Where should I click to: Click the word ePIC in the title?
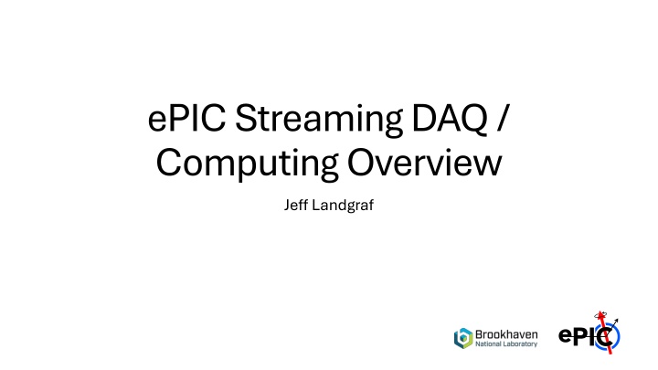point(186,118)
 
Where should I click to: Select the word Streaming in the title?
point(319,121)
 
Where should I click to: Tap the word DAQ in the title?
point(450,119)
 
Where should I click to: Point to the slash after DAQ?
point(503,119)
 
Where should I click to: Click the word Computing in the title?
point(247,164)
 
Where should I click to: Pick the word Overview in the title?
point(424,162)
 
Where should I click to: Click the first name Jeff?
point(295,205)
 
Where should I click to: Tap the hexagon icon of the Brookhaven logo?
point(463,338)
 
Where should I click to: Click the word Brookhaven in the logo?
point(506,334)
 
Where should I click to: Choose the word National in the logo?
point(488,344)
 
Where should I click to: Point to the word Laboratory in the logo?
point(520,344)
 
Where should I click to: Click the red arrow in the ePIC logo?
point(605,333)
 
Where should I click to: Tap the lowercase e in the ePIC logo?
point(565,337)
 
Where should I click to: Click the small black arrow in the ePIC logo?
point(613,323)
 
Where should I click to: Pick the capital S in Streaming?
point(245,118)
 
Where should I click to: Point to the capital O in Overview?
point(362,162)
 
